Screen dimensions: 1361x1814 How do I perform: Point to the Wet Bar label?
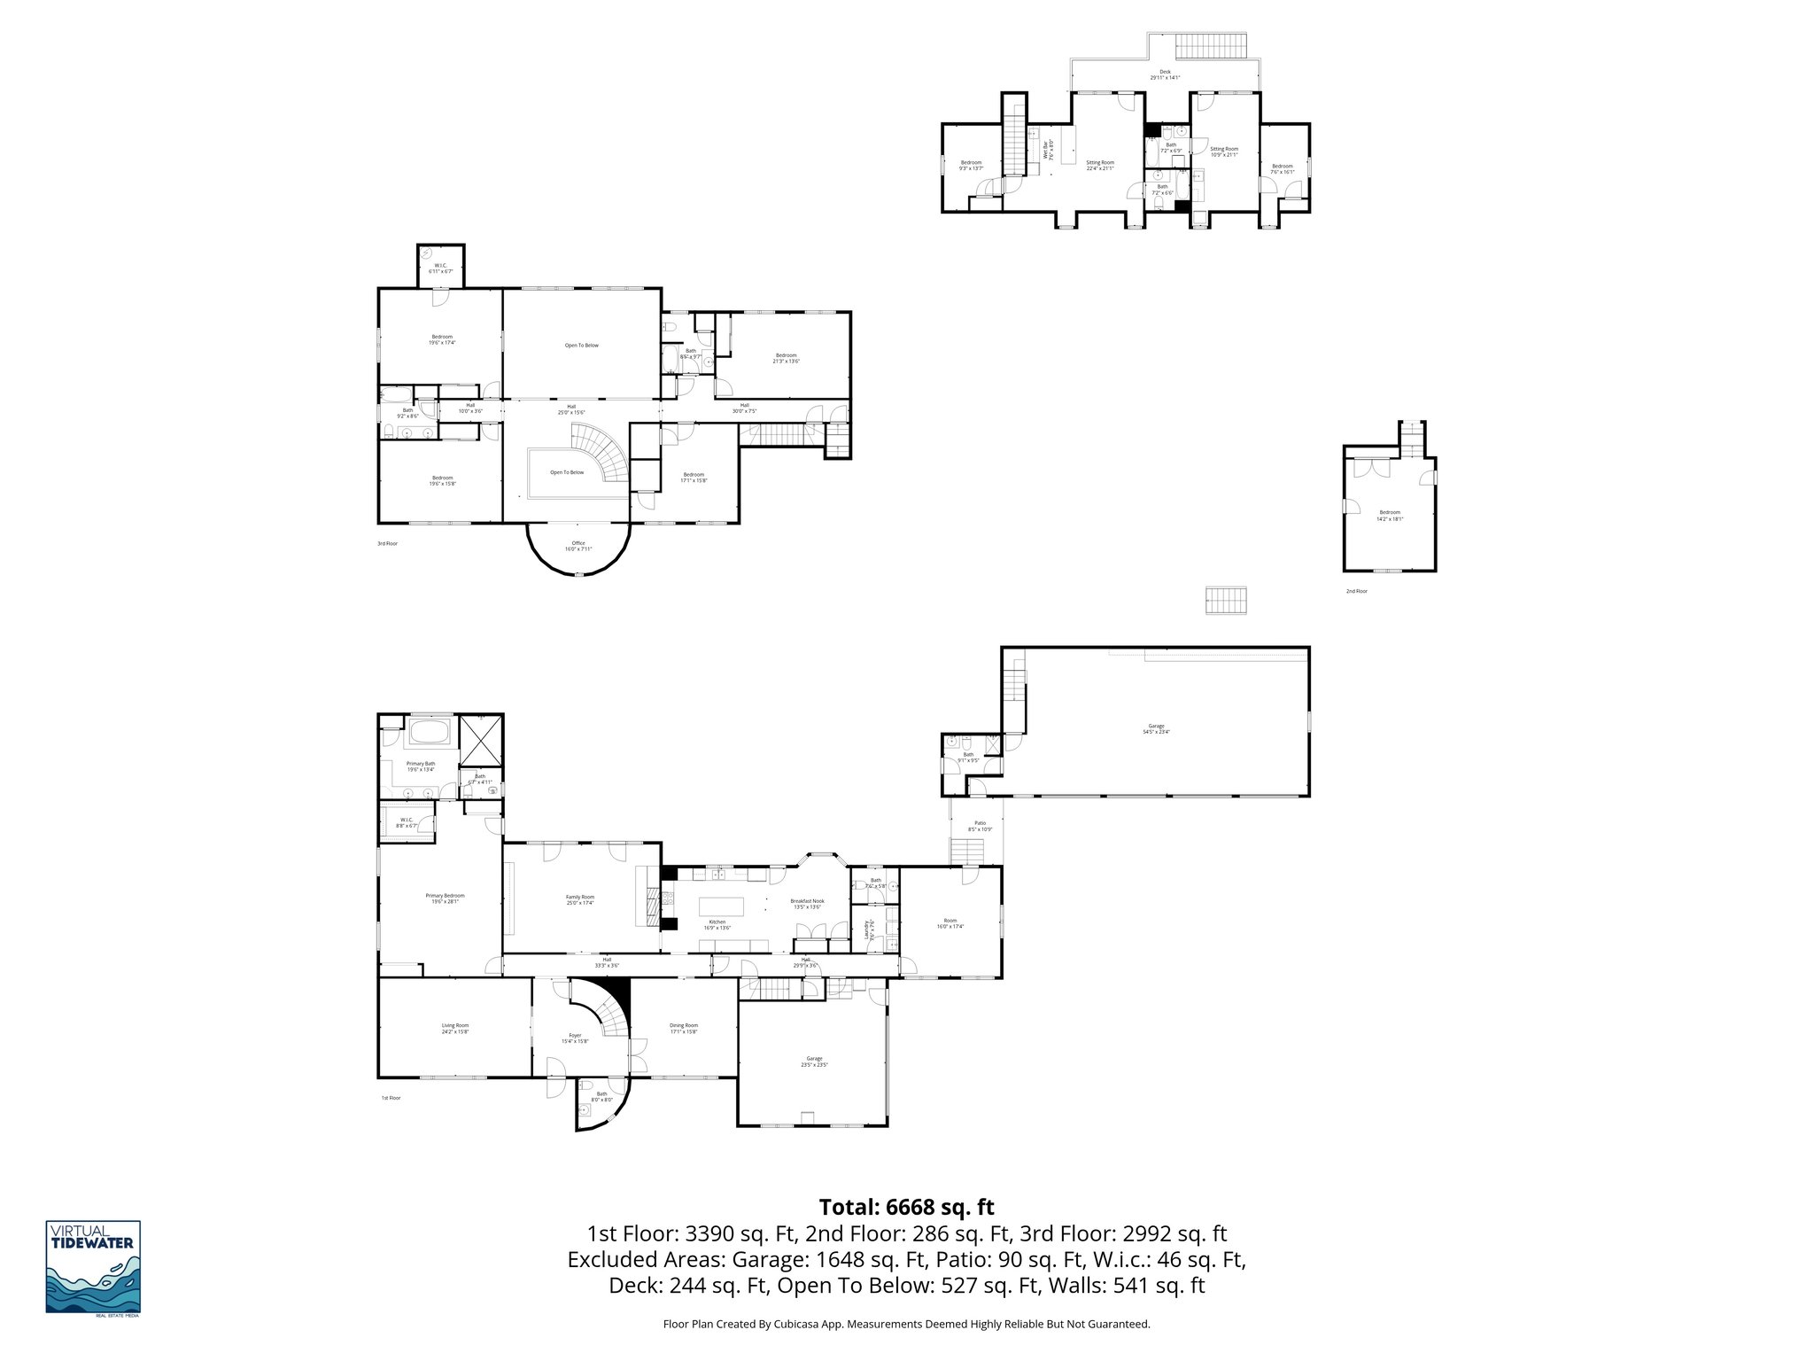tap(1048, 150)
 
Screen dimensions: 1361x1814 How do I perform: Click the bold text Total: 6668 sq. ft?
tap(906, 1207)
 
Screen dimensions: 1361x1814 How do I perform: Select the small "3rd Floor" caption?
tap(387, 543)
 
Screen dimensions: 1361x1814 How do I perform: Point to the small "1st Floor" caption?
tap(391, 1098)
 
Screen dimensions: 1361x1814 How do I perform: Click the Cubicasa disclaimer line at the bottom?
tap(906, 1325)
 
